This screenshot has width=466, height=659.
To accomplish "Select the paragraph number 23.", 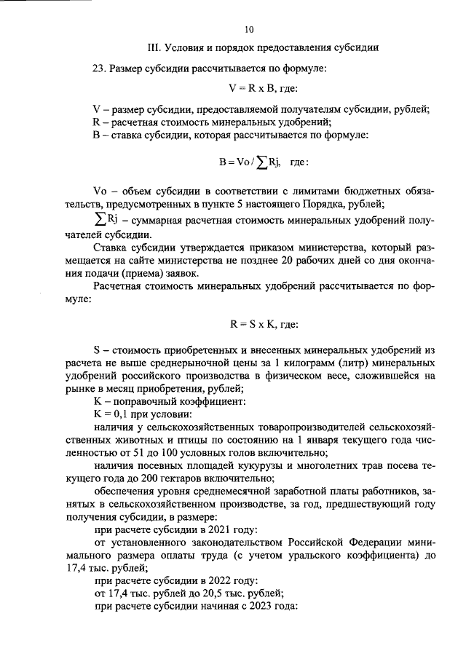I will coord(99,68).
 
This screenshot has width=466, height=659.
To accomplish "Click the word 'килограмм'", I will coord(309,362).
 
